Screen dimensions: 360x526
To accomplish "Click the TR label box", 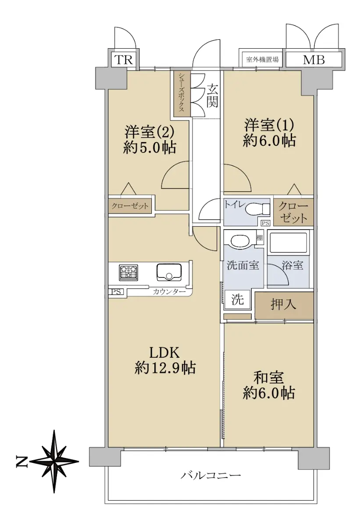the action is click(x=124, y=60).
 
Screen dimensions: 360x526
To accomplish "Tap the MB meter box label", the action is click(x=314, y=60).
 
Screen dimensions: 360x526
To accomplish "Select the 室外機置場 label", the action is click(x=262, y=60).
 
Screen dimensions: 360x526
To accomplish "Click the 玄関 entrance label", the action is click(x=213, y=96).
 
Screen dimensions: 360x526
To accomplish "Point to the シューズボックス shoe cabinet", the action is click(x=182, y=94).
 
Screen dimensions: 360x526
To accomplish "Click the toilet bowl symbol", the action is click(x=257, y=209).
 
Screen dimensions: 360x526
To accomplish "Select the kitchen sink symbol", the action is click(x=169, y=272).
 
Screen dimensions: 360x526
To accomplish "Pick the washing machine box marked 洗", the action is click(x=237, y=300).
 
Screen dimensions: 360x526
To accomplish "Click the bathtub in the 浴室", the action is click(x=289, y=243).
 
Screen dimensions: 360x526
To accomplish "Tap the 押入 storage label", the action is click(x=284, y=305).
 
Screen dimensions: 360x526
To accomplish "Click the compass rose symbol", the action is click(x=54, y=461).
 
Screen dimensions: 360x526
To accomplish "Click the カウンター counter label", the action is click(x=169, y=292).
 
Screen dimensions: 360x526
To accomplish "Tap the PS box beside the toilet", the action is click(x=266, y=223).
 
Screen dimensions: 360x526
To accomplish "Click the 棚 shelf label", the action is click(x=260, y=238).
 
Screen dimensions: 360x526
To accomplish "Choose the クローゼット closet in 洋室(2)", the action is click(x=130, y=206).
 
